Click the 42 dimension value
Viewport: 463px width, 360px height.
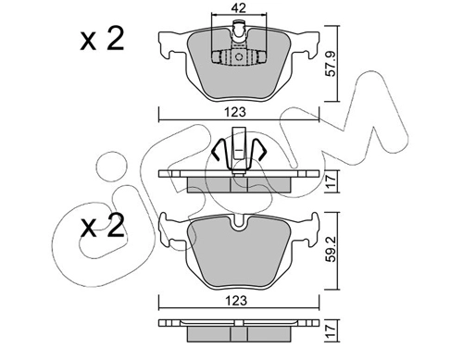click(x=239, y=8)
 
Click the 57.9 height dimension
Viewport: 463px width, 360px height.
click(x=332, y=64)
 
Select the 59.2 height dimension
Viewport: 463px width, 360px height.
click(x=332, y=249)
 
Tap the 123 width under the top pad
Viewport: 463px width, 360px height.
click(x=237, y=112)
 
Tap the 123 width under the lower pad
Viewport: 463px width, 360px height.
click(x=237, y=301)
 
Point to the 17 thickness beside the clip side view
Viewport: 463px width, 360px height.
click(x=331, y=181)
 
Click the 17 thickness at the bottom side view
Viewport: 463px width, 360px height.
click(x=331, y=330)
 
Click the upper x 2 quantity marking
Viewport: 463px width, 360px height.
click(x=102, y=39)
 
